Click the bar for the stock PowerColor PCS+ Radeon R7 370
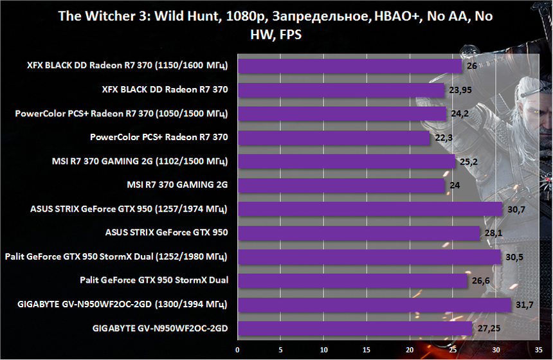334,138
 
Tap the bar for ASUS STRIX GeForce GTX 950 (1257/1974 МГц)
370,209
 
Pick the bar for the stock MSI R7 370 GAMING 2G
341,186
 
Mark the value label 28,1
492,233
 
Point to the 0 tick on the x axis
238,350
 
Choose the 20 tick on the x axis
410,350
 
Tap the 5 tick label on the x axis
281,350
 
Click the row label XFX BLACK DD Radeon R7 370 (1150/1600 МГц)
128,66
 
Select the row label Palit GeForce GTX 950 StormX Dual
154,281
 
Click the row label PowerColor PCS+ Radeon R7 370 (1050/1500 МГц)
122,114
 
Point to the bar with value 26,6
352,281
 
